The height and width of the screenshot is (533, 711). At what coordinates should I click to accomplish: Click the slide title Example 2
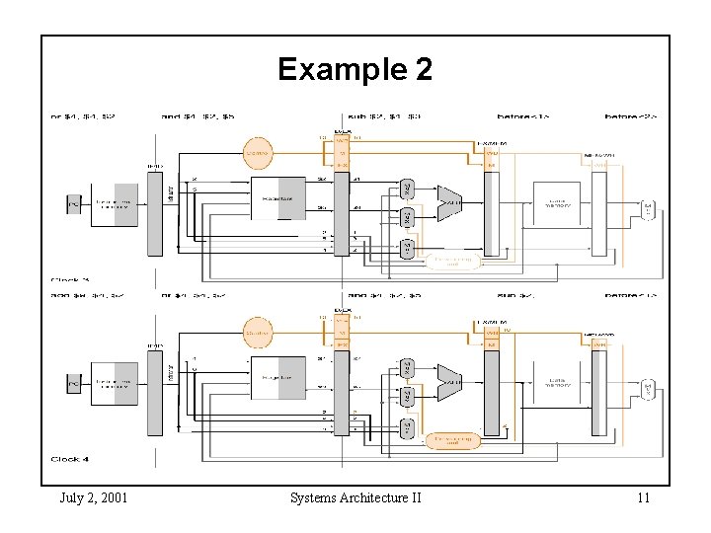pos(355,69)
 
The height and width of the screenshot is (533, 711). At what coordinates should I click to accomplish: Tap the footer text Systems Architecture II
pos(355,496)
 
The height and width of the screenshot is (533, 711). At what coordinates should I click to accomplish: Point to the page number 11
pos(643,496)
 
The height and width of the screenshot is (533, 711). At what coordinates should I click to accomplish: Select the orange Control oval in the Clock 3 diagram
pos(259,153)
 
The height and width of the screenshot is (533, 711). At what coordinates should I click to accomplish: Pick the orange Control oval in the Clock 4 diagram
pos(259,334)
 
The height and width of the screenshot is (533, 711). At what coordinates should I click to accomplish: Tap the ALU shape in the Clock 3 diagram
pos(449,203)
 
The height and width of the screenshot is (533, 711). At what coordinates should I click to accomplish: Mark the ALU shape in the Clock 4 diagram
pos(449,381)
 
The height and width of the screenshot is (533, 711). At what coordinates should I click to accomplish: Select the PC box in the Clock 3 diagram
pos(72,204)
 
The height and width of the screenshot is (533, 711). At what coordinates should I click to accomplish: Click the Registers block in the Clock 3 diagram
pos(278,202)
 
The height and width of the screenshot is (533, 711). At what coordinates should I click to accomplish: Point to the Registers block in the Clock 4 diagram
pos(278,380)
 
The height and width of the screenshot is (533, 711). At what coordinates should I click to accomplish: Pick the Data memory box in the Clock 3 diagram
pos(560,205)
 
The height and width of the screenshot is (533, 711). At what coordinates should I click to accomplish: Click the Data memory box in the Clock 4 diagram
pos(560,384)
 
